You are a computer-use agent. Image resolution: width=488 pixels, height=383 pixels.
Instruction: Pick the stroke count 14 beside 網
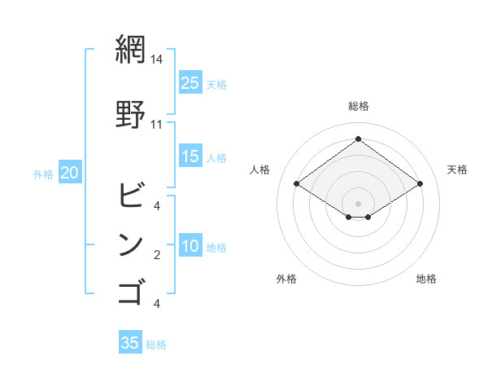[157, 59]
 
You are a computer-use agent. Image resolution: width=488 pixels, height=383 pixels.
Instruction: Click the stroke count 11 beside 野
[157, 125]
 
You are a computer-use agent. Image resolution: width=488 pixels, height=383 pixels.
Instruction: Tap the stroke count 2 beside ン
[156, 255]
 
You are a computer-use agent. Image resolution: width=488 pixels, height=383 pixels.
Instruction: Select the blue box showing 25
[190, 82]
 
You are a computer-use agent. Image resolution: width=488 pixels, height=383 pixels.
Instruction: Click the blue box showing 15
[190, 156]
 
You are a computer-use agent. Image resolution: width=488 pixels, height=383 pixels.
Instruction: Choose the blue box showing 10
[190, 246]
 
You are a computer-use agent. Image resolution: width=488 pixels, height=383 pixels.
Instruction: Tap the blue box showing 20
[70, 173]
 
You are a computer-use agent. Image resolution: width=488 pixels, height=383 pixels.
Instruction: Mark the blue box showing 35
[130, 343]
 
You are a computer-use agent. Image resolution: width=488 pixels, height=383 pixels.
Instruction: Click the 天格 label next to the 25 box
[216, 84]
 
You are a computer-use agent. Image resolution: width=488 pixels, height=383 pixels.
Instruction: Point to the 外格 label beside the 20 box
[42, 174]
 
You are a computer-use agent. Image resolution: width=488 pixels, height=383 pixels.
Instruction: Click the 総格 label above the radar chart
[358, 106]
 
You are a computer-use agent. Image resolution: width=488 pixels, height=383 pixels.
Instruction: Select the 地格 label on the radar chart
[426, 279]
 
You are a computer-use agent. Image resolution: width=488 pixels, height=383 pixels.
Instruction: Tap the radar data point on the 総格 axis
[358, 139]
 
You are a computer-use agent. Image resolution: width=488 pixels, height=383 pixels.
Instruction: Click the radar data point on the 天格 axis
[420, 184]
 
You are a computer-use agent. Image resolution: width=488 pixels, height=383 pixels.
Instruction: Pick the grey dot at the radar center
[358, 202]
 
